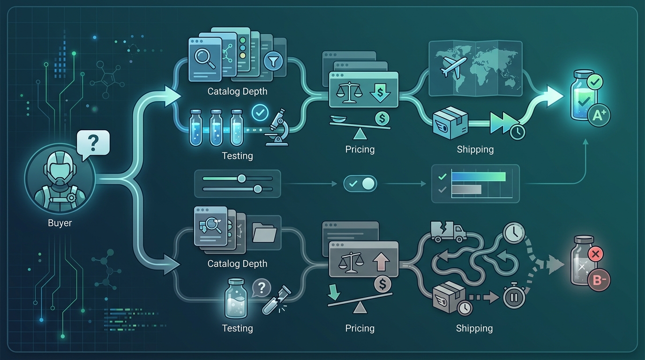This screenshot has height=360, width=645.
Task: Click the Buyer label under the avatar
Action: (60, 223)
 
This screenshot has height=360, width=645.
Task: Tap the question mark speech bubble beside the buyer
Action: (93, 144)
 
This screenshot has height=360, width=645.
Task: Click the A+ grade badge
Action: (599, 115)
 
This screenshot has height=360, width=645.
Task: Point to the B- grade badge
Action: (599, 280)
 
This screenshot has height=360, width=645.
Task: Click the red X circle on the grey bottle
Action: (595, 254)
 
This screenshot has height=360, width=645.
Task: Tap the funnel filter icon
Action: (273, 61)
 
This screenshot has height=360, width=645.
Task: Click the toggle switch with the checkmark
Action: (360, 183)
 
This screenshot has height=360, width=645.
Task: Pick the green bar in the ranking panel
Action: (479, 177)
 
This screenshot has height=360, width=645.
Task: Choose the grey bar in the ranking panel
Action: (466, 189)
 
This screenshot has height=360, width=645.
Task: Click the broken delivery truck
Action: (448, 231)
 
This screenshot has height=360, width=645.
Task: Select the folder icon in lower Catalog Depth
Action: (264, 232)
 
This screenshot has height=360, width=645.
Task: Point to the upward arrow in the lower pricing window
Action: (381, 262)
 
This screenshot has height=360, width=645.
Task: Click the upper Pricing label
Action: (360, 149)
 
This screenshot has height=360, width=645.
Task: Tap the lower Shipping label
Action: (474, 328)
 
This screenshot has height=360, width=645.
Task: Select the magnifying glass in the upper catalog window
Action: (205, 59)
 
